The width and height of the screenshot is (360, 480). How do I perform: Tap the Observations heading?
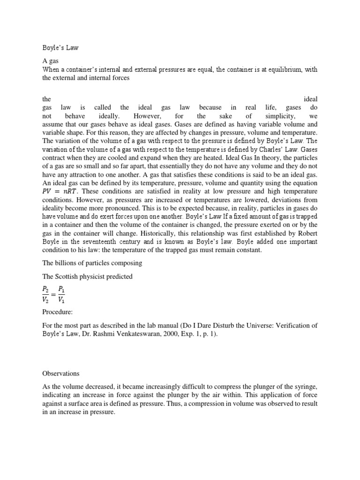point(60,374)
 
